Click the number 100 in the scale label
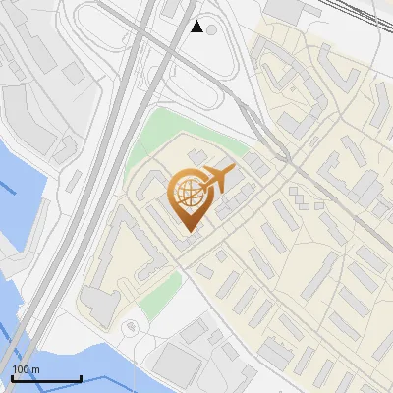tap(20, 369)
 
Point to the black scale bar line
tap(45, 378)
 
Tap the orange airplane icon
tap(218, 179)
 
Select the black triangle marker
tap(196, 27)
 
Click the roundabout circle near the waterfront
tap(130, 328)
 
